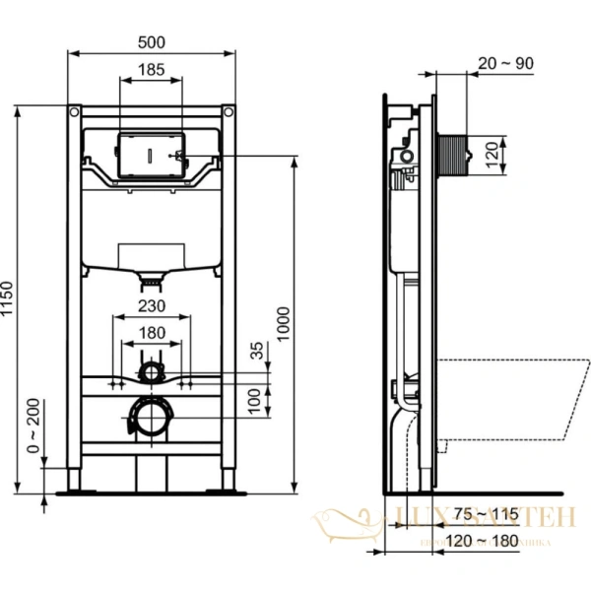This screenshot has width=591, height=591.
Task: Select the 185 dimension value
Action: [151, 70]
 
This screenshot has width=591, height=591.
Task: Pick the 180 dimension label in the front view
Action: [151, 333]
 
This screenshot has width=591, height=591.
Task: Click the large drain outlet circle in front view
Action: [151, 420]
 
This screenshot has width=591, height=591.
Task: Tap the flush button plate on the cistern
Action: [151, 154]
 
